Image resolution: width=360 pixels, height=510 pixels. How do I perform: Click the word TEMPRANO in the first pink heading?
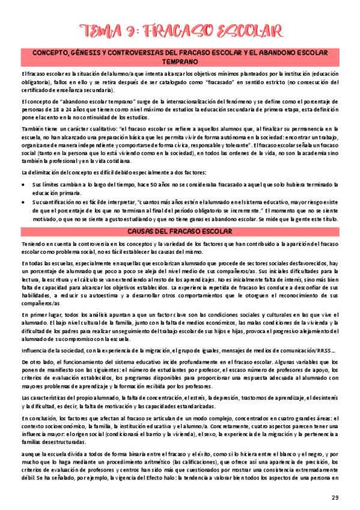(180, 62)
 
